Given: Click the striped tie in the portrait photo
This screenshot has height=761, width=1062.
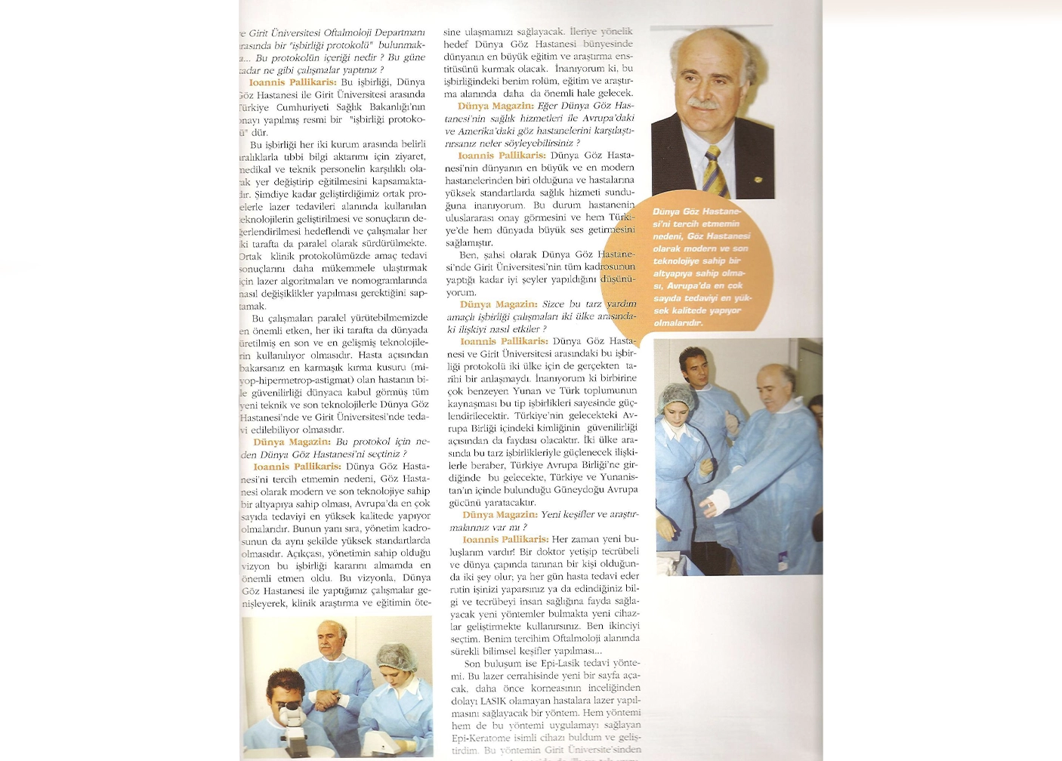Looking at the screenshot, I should [716, 171].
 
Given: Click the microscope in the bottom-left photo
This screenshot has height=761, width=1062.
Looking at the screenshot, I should [291, 720].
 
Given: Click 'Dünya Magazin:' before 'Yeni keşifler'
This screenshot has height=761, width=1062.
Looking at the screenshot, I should [500, 515].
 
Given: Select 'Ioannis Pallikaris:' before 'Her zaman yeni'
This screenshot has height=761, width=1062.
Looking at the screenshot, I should [505, 540].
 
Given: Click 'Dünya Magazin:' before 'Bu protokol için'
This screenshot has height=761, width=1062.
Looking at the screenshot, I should [292, 442].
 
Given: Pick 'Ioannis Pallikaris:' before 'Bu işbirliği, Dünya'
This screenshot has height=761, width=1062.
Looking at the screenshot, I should [293, 82].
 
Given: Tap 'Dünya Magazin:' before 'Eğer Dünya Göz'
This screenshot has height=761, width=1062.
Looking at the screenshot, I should [495, 106].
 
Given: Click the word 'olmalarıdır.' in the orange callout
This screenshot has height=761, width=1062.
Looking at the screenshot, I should [678, 323].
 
